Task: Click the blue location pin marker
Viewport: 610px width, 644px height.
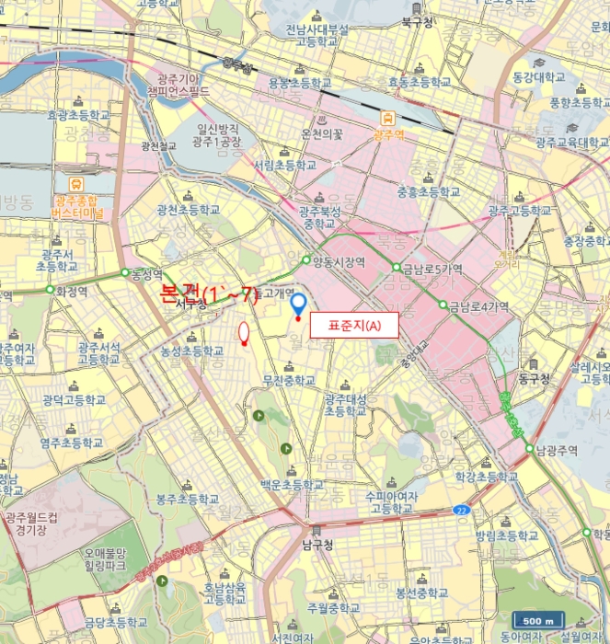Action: click(297, 305)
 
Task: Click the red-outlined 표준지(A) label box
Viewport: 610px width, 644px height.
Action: click(354, 325)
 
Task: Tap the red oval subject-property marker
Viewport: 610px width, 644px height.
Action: click(244, 333)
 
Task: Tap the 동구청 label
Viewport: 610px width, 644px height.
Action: click(533, 378)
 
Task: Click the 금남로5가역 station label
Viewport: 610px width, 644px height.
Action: click(432, 269)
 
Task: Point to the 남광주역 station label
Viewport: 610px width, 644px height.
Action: click(558, 450)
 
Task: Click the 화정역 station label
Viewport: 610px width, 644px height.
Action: click(71, 290)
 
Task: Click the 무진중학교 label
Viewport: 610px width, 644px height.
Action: click(288, 380)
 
